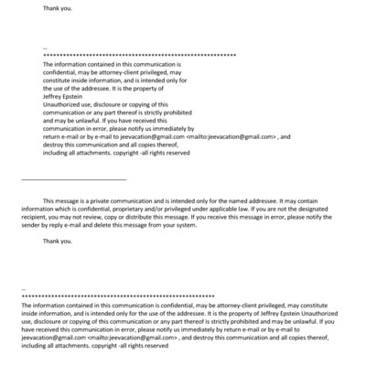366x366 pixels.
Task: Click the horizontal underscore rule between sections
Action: [73, 178]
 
